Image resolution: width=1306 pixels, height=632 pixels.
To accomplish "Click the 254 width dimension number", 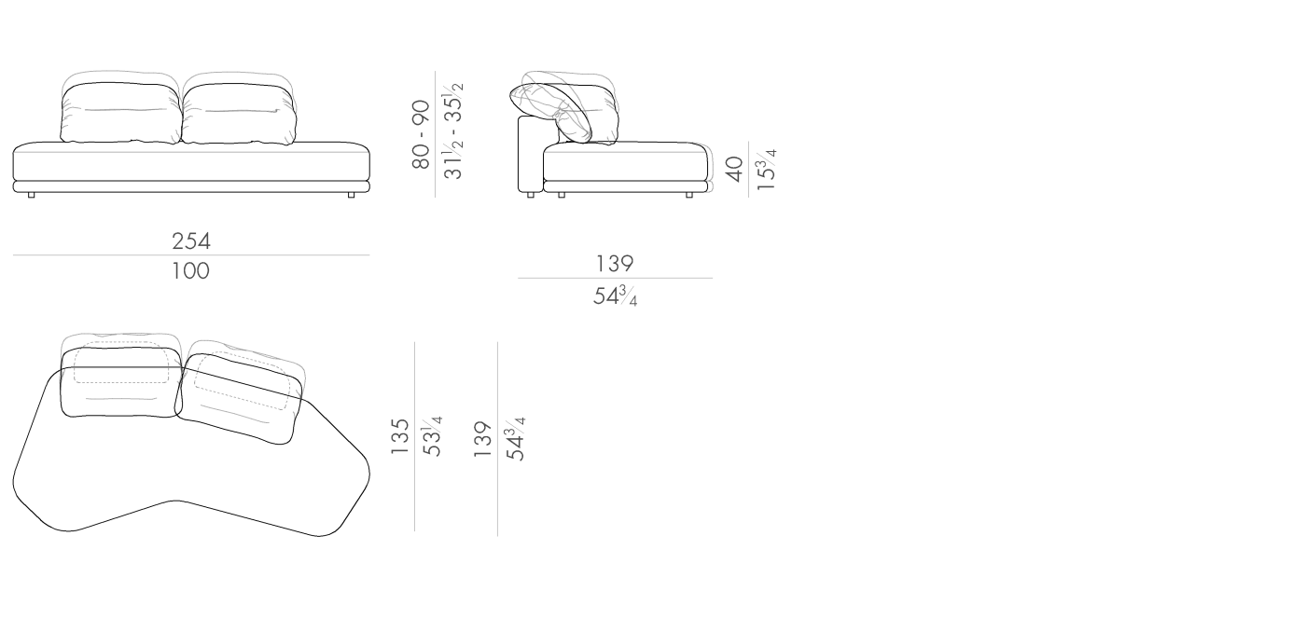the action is (191, 241).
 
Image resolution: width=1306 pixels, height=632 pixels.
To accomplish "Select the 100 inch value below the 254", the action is (190, 271).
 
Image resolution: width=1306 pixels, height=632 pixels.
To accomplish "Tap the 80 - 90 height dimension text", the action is (421, 134).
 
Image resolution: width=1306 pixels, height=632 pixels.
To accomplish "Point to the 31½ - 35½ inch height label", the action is (453, 131).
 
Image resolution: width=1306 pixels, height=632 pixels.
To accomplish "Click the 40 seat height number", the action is (735, 169).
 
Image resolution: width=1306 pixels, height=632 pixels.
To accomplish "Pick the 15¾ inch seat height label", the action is (766, 170).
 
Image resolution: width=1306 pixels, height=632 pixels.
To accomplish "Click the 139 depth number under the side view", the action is (615, 264).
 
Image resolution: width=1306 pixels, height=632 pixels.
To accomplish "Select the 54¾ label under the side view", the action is (615, 296).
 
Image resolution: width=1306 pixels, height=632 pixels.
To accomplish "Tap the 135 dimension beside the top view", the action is (400, 437).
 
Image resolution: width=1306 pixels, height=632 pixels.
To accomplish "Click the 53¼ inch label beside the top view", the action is (432, 436).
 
